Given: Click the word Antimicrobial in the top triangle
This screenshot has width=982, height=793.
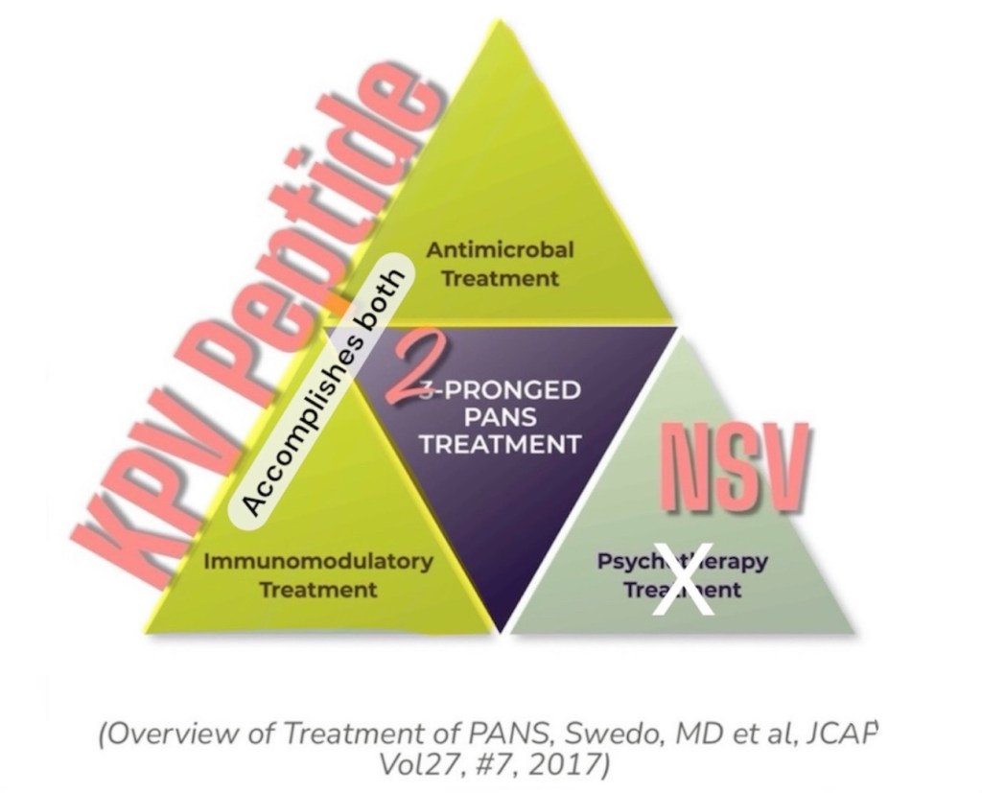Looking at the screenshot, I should tap(500, 250).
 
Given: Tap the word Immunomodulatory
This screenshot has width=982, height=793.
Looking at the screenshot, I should tap(317, 561).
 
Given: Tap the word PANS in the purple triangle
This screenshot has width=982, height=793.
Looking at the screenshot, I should tap(500, 418).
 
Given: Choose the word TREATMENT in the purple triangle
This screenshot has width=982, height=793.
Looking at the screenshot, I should tap(500, 445).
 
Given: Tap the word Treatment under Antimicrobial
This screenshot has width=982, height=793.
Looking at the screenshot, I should tap(500, 279).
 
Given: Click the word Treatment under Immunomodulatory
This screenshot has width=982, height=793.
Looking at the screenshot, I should tap(317, 589).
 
